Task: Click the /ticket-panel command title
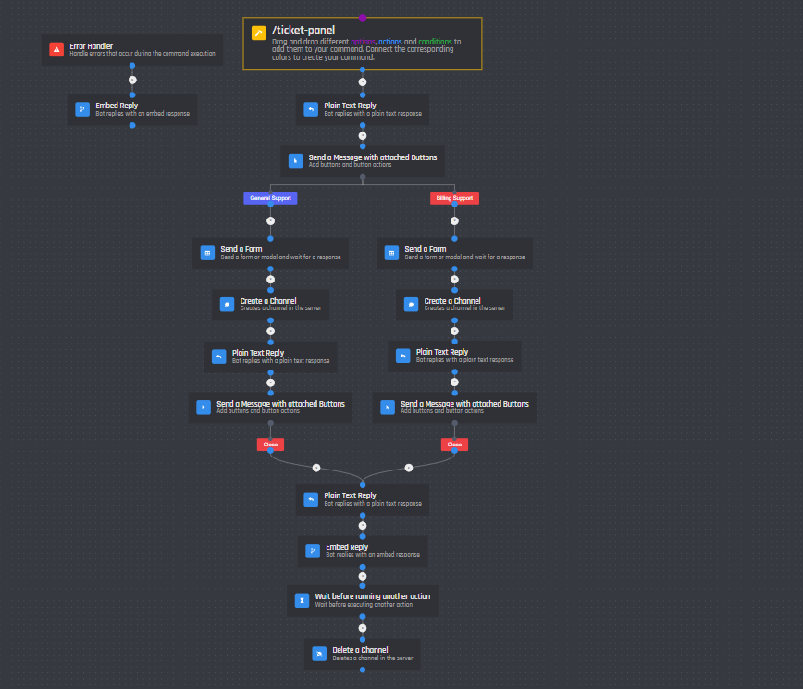tap(297, 31)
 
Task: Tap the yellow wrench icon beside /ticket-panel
tap(259, 32)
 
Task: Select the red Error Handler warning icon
tap(56, 49)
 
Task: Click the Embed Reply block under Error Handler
tap(131, 109)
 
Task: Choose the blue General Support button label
tap(270, 198)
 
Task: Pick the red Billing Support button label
tap(454, 198)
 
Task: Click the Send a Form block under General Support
tap(270, 253)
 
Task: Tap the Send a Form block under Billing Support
tap(454, 253)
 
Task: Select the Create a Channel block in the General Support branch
tap(270, 305)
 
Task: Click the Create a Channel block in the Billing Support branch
tap(454, 305)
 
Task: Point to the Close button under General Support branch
tap(270, 445)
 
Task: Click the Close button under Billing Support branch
tap(454, 445)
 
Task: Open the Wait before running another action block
tap(362, 599)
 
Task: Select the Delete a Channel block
tap(362, 654)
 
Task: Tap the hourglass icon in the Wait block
tap(302, 600)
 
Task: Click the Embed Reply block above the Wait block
tap(362, 551)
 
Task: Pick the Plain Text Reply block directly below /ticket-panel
tap(362, 109)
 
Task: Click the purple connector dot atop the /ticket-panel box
tap(363, 18)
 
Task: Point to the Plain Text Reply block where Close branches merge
tap(362, 499)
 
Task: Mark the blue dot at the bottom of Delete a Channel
tap(362, 670)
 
